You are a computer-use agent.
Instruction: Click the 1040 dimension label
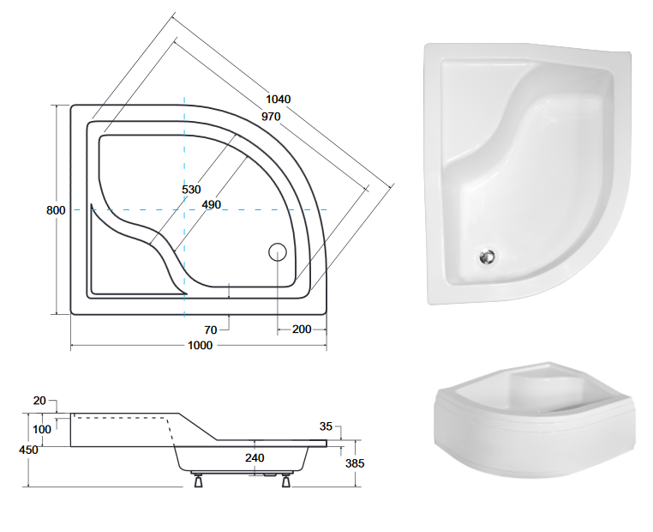point(277,99)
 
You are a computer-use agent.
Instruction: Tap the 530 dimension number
point(192,189)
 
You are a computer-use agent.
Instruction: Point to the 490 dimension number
point(211,203)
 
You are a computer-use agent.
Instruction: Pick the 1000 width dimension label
point(200,345)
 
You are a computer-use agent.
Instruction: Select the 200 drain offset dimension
point(302,329)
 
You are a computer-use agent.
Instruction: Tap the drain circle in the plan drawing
point(278,252)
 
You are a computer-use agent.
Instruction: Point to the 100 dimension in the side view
point(43,429)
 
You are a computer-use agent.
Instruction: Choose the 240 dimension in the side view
point(255,457)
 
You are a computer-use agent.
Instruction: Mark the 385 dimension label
point(355,464)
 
